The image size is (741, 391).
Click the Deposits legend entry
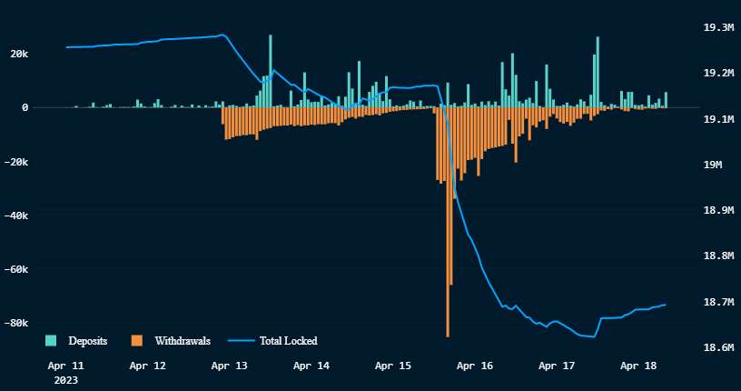click(x=88, y=341)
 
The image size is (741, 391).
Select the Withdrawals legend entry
click(x=183, y=341)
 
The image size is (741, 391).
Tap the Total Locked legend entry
click(x=288, y=341)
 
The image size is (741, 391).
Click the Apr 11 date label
click(x=64, y=366)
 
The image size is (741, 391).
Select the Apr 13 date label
click(x=229, y=366)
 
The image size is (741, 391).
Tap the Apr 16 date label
click(x=475, y=366)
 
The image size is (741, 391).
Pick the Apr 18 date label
click(x=638, y=366)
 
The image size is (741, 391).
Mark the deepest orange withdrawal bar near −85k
click(x=448, y=273)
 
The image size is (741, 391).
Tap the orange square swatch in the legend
click(x=137, y=341)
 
